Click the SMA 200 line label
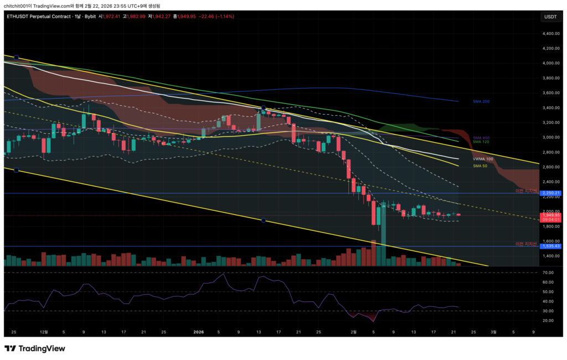481,101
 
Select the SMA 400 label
481,137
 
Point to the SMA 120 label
481,142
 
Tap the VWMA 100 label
483,159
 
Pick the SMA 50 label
480,166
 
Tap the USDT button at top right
550,17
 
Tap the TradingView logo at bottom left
34,348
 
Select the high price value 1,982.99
135,17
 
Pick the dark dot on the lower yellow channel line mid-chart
264,220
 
